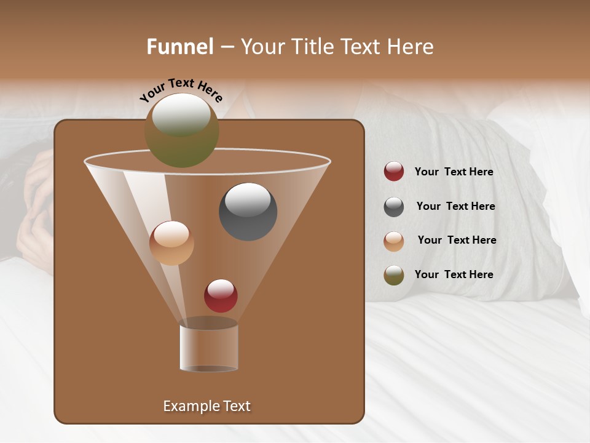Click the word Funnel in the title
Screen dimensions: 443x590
click(179, 47)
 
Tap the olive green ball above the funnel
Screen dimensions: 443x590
click(181, 130)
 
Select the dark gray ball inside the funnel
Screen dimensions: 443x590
click(248, 211)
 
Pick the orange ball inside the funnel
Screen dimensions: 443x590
click(171, 243)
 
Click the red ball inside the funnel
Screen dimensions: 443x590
click(221, 295)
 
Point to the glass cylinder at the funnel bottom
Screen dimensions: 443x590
click(208, 348)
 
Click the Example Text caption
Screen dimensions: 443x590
click(206, 406)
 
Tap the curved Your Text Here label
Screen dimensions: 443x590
click(181, 90)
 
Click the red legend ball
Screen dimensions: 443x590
click(394, 172)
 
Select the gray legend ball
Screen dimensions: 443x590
click(394, 206)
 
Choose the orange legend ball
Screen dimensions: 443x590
click(394, 241)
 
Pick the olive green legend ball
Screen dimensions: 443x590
click(394, 274)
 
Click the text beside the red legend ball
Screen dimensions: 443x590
click(454, 172)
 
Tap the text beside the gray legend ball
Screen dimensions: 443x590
click(455, 206)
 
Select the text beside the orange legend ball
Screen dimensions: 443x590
click(457, 240)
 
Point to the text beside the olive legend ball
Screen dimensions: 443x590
click(454, 274)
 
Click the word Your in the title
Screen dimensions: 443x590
click(261, 47)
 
